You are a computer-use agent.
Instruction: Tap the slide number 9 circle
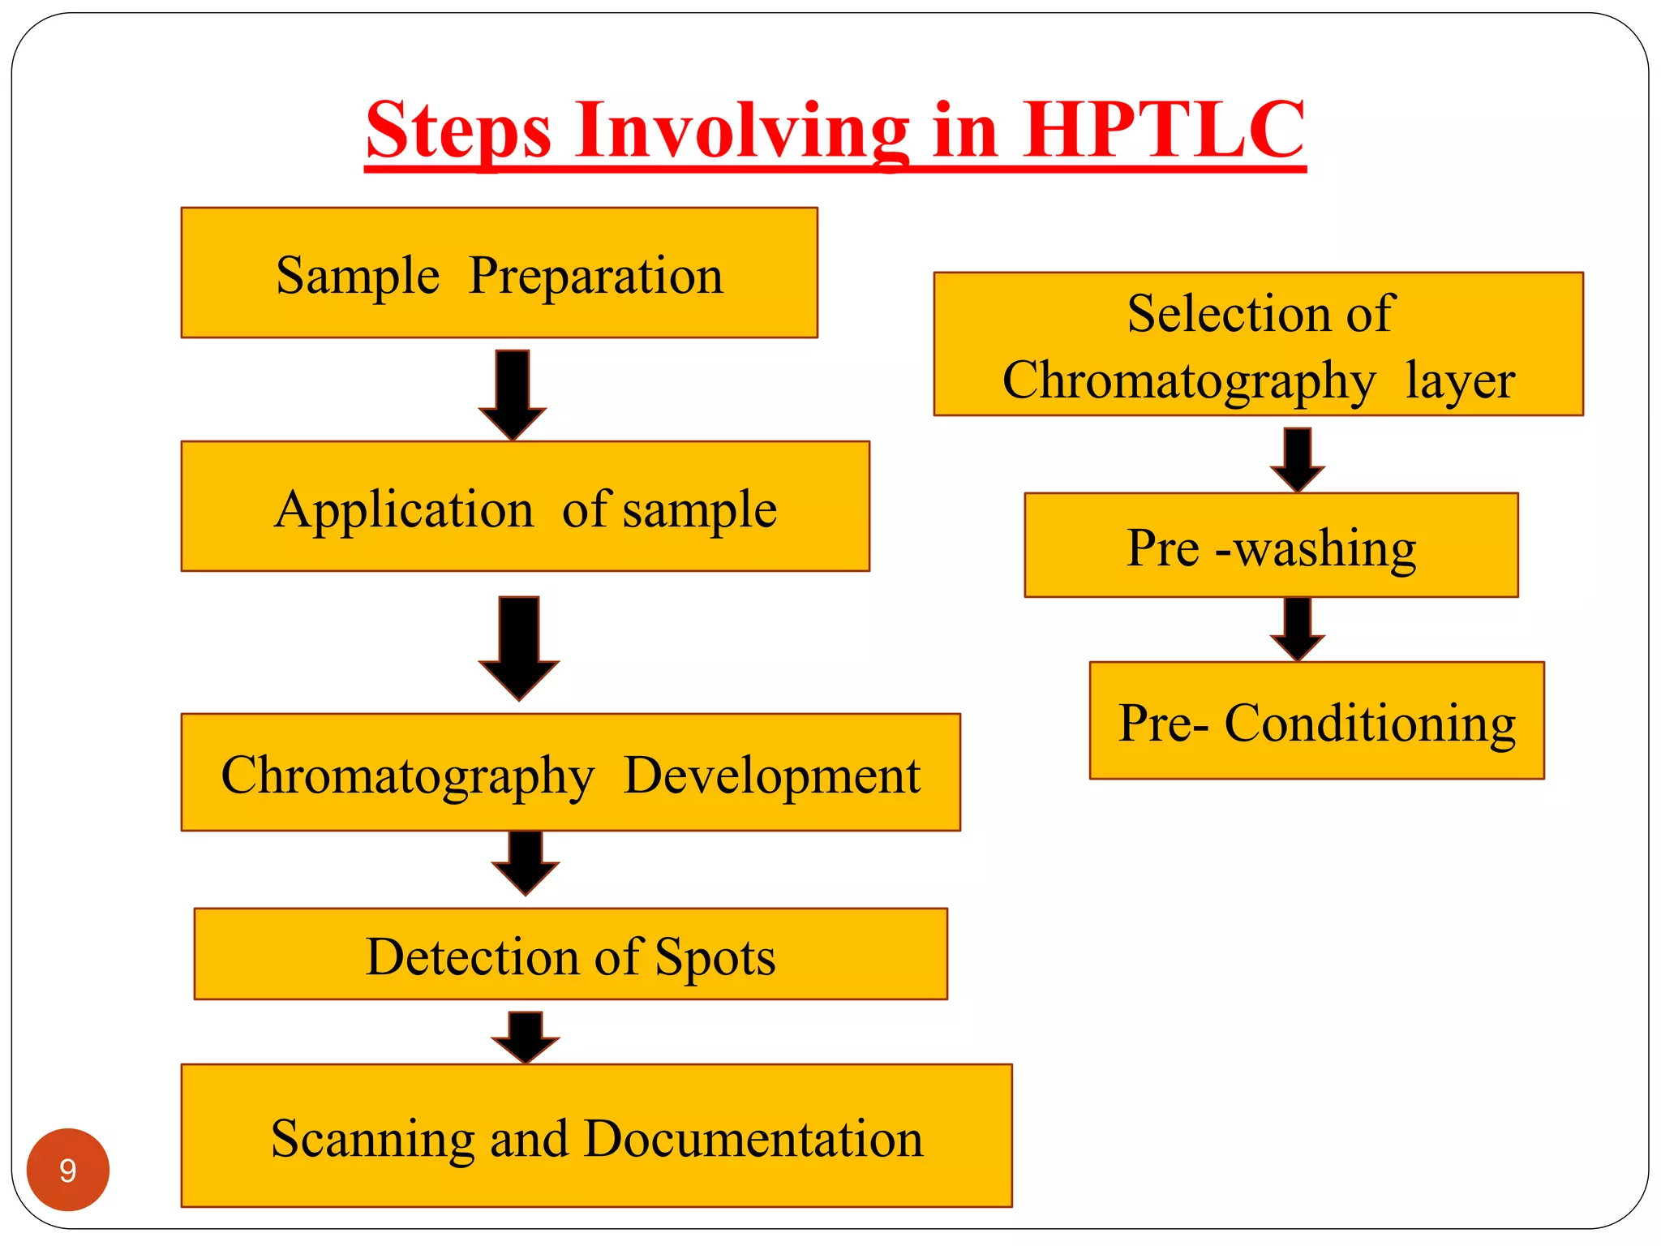pyautogui.click(x=68, y=1170)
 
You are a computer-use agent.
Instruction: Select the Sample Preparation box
pyautogui.click(x=499, y=273)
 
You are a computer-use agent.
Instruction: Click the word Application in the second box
pyautogui.click(x=404, y=509)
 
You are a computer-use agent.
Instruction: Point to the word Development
pyautogui.click(x=772, y=775)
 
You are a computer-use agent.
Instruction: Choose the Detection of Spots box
pyautogui.click(x=570, y=955)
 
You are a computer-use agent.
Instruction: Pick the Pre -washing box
pyautogui.click(x=1271, y=546)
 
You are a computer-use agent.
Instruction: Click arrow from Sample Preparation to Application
pyautogui.click(x=513, y=393)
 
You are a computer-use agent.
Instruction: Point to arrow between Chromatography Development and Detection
pyautogui.click(x=526, y=862)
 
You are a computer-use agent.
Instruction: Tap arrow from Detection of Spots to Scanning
pyautogui.click(x=526, y=1037)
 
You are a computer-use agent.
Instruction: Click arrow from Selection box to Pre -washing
pyautogui.click(x=1298, y=459)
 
